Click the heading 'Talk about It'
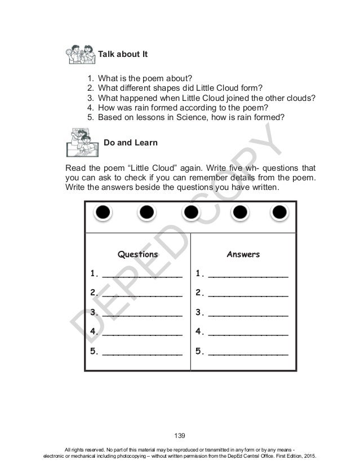tap(123, 54)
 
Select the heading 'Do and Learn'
tap(131, 143)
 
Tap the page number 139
tap(180, 435)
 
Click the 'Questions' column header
tap(137, 254)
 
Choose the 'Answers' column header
tap(243, 254)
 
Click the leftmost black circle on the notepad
tap(103, 212)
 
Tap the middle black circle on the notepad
tap(191, 212)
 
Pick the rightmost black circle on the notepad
tap(279, 212)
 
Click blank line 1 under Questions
tap(142, 275)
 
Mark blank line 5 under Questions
tap(142, 353)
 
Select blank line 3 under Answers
tap(248, 314)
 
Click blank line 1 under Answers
tap(248, 275)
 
